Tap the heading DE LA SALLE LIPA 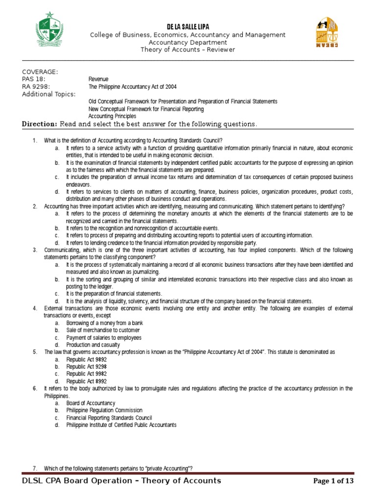coord(188,26)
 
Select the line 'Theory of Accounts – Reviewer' coord(188,50)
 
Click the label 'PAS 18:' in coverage coord(33,79)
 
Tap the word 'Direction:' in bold coord(40,124)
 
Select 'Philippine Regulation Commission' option coord(104,410)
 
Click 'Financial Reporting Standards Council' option coord(109,418)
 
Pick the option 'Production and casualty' coord(94,345)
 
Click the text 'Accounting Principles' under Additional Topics coord(112,116)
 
